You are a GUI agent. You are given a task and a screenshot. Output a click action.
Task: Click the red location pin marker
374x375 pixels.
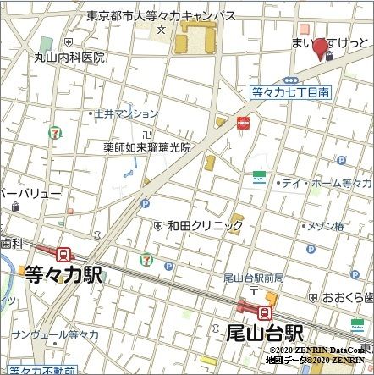point(320,48)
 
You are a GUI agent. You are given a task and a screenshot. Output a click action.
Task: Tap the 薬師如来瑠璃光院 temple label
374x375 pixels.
point(147,146)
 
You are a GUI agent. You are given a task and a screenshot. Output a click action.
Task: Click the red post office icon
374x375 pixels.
point(244,124)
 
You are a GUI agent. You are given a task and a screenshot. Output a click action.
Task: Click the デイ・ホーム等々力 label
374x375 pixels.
point(326,182)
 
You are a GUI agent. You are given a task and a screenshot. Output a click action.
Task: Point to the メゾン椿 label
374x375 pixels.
point(325,226)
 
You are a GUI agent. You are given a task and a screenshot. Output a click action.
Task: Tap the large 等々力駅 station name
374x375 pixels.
point(63,273)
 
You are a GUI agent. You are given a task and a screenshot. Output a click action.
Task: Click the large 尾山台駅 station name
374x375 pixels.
point(265,332)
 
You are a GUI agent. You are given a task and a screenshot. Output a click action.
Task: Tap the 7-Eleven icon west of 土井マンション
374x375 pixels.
point(55,132)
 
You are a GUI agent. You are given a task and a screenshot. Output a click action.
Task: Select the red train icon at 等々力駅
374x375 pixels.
point(63,253)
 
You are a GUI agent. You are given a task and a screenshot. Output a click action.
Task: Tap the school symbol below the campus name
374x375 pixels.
point(161,30)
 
